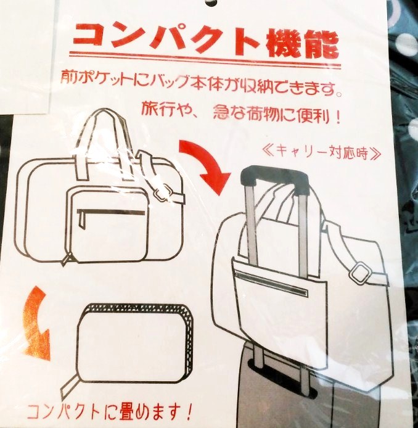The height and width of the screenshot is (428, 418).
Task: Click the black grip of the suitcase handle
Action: point(275,179)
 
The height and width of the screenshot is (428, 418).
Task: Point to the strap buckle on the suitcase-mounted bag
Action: point(360,273)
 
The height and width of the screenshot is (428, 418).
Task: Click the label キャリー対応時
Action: point(321,154)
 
